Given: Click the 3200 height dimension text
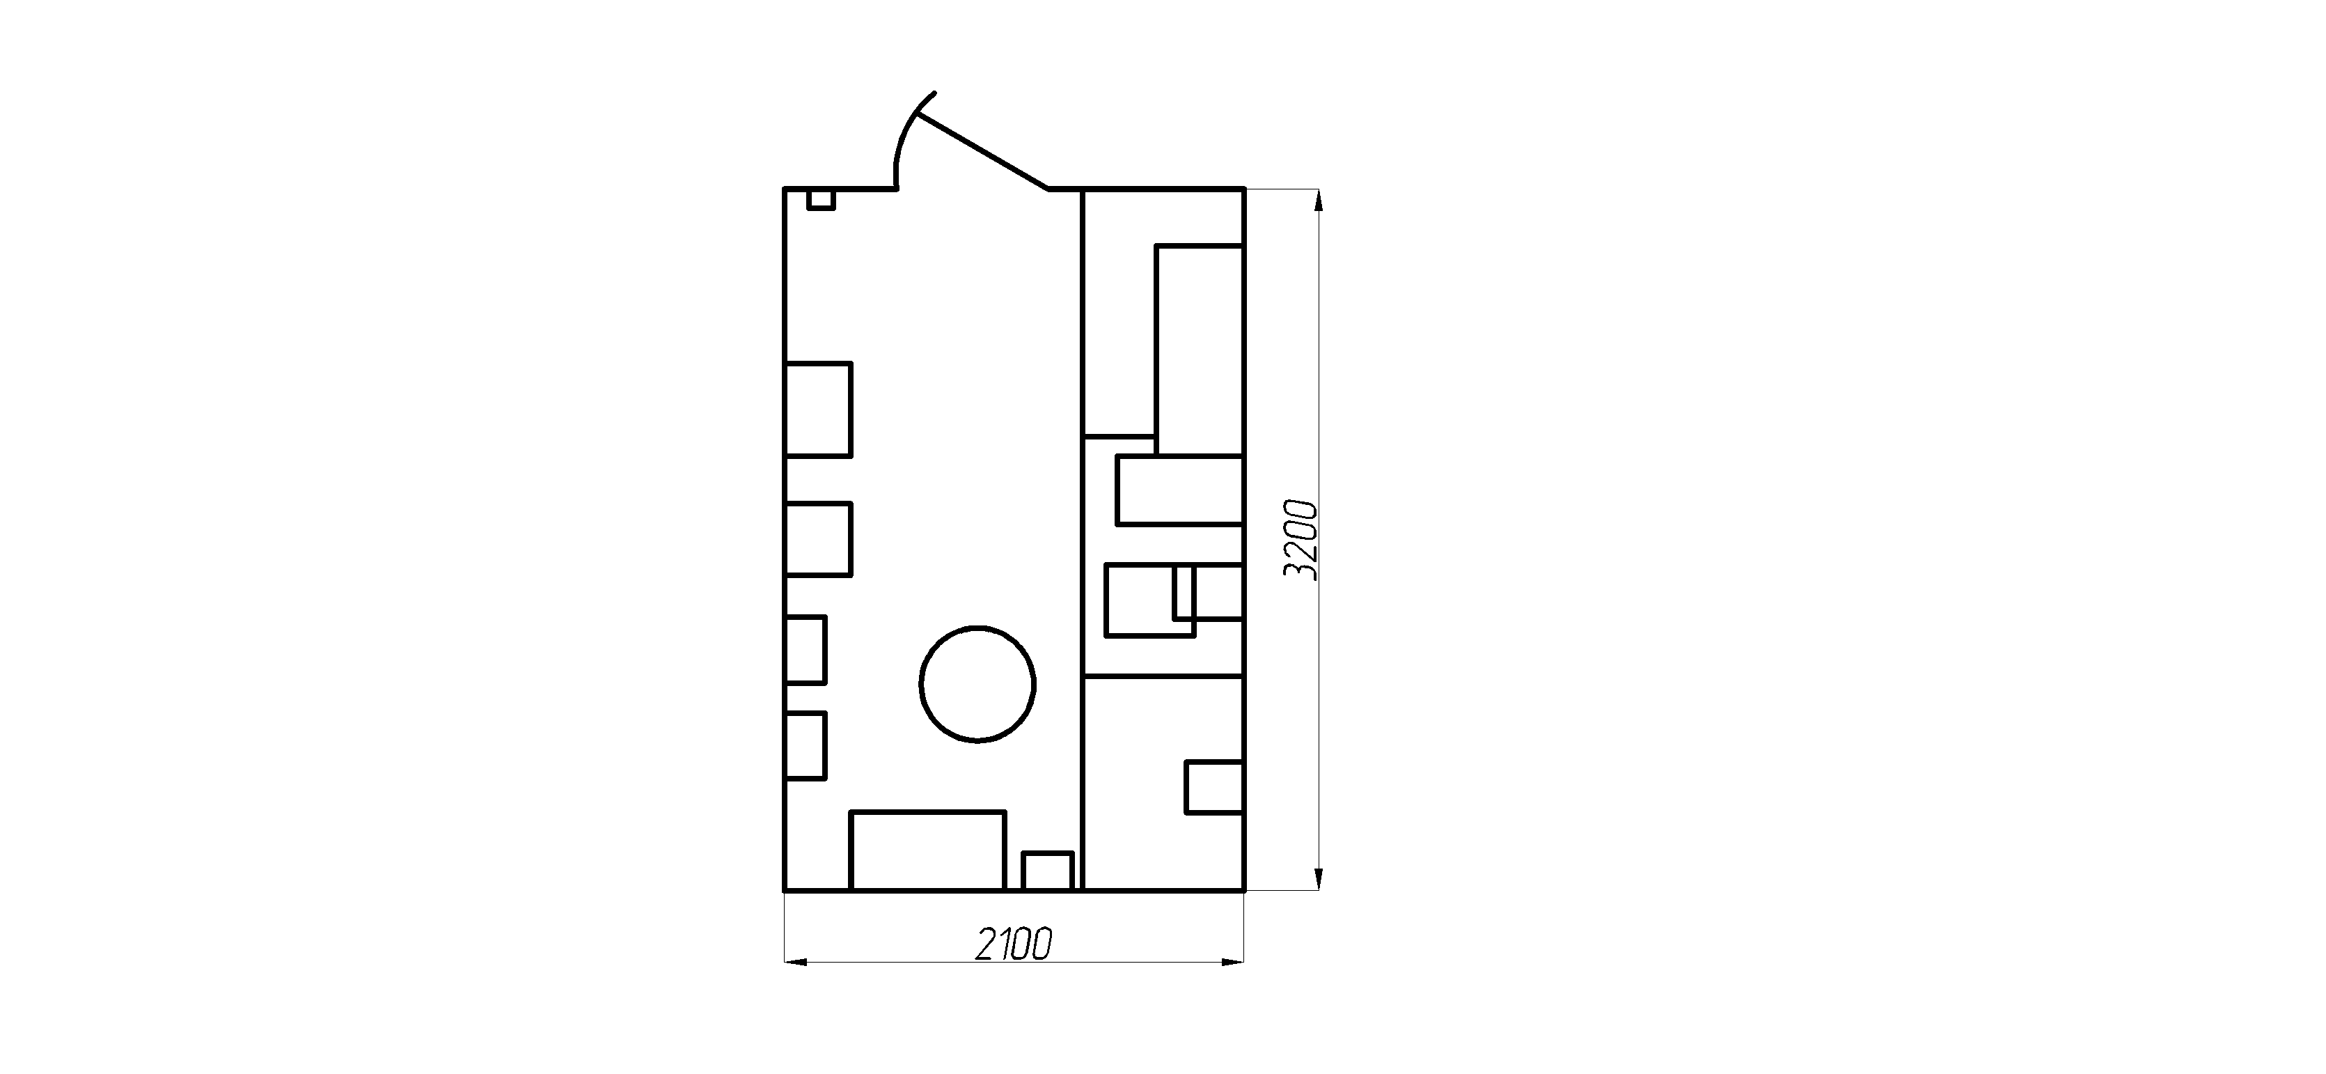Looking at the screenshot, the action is click(x=1301, y=539).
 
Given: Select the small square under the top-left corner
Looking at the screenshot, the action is click(x=821, y=200).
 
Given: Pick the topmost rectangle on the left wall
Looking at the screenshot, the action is click(x=819, y=409).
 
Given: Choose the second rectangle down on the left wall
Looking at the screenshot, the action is click(x=819, y=538).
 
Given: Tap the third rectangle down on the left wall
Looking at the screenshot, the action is click(x=806, y=649).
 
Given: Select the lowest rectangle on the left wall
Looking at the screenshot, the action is click(x=806, y=745).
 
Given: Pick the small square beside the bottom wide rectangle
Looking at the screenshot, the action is click(x=1047, y=871).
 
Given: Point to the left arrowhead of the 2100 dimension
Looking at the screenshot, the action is click(x=794, y=963).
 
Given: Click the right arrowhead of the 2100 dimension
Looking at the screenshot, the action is click(x=1234, y=963).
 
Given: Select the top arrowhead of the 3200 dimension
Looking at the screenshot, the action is click(x=1319, y=201).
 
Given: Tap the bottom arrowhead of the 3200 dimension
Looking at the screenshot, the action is click(x=1319, y=879).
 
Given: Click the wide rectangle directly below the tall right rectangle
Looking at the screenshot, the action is click(x=1180, y=490).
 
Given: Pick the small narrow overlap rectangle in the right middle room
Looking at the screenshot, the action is click(x=1184, y=593).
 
